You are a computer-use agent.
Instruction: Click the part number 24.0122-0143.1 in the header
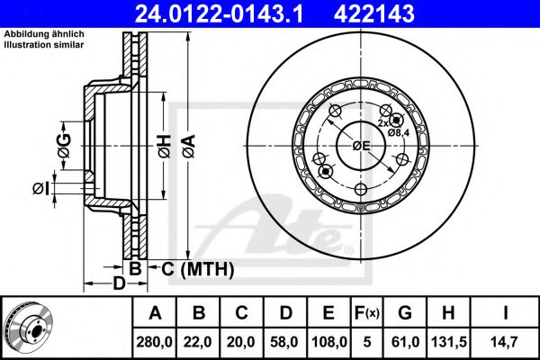[220, 13]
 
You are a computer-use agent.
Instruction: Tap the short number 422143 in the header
[374, 13]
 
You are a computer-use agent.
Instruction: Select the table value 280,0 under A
[154, 342]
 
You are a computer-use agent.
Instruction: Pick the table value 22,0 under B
[198, 342]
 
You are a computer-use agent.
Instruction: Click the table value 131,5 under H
[449, 342]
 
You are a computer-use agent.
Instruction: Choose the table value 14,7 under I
[505, 342]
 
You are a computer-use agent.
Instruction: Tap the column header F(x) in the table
[367, 313]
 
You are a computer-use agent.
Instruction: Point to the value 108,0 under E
[329, 342]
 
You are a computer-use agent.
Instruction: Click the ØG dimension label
[64, 146]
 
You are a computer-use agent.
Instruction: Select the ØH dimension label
[165, 147]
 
